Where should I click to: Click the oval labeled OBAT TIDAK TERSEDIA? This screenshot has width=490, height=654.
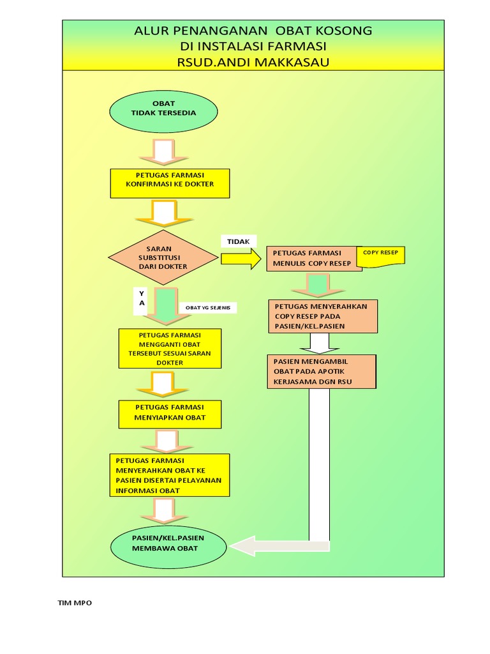point(163,112)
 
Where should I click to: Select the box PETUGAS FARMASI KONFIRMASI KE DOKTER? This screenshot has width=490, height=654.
point(170,183)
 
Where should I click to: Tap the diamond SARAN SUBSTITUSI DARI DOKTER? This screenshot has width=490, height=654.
point(163,257)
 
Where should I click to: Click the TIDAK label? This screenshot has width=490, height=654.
point(239,241)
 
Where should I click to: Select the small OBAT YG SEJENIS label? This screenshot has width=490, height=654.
point(208,308)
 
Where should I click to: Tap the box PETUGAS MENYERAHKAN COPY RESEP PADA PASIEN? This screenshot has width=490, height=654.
point(323,316)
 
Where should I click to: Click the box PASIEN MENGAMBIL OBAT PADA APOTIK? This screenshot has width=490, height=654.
point(322,372)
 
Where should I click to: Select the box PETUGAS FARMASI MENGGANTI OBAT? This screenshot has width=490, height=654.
point(170,349)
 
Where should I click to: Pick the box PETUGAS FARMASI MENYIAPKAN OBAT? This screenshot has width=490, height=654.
point(170,414)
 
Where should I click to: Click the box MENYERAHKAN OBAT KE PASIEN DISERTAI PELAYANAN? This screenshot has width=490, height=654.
point(170,475)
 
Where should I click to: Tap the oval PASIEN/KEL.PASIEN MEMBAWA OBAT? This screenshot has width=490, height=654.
point(169,543)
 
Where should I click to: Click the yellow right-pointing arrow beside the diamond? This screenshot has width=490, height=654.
point(241,258)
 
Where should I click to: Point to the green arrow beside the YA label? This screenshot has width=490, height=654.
point(165,304)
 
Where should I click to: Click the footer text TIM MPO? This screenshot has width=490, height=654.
point(75,603)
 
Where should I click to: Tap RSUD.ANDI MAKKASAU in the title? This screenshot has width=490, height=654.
point(253,63)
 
